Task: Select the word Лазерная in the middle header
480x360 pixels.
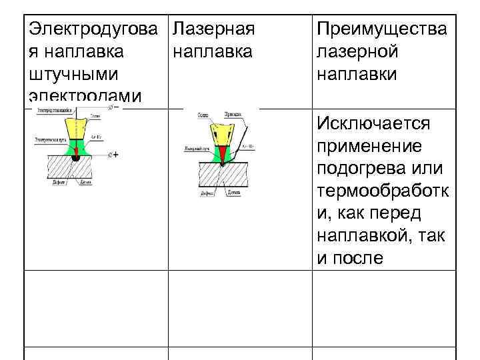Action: [x=213, y=30]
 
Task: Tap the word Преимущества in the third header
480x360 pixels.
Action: [x=382, y=30]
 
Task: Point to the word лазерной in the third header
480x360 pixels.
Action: [x=358, y=52]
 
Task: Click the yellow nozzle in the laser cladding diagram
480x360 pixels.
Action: [x=221, y=130]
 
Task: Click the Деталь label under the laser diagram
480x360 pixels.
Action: [x=233, y=192]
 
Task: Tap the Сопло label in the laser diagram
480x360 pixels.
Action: [x=203, y=115]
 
